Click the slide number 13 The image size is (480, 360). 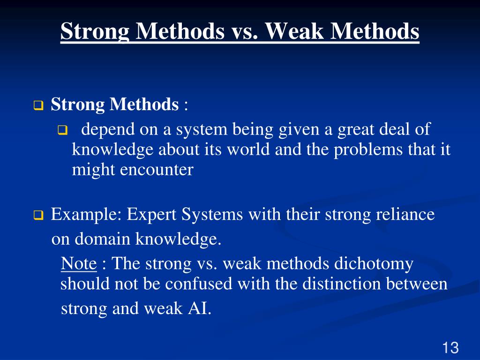(450, 348)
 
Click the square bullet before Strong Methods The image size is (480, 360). (38, 106)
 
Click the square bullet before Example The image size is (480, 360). (38, 216)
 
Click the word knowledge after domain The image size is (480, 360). (178, 240)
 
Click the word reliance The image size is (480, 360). (406, 215)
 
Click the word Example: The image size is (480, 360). (86, 215)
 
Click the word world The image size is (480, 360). (244, 150)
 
